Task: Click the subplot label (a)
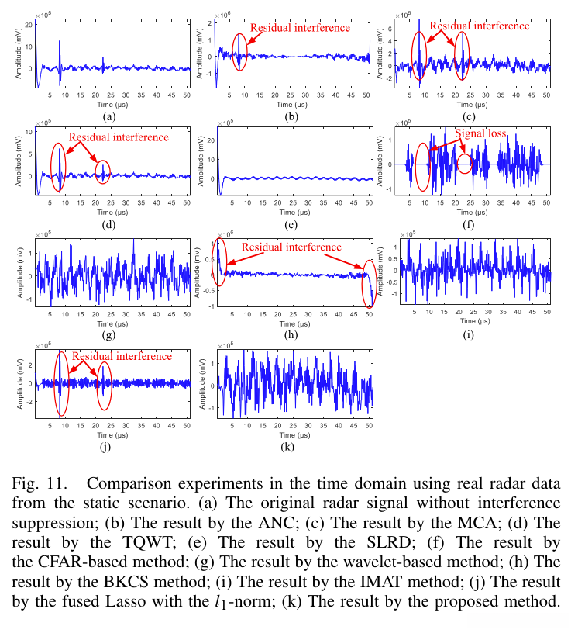coord(108,116)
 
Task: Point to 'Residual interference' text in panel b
coord(300,27)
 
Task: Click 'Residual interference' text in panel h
coord(291,247)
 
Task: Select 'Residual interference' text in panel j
coord(122,356)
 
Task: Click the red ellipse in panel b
coord(241,57)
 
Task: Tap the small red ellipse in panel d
coord(103,169)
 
